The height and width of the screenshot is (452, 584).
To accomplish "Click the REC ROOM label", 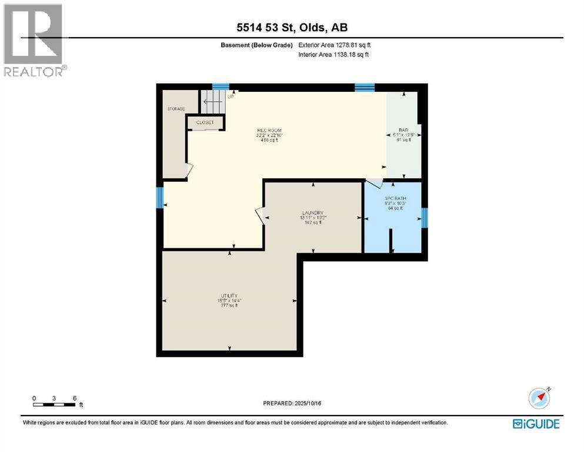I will coord(269,130).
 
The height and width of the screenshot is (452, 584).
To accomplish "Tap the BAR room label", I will coord(403,129).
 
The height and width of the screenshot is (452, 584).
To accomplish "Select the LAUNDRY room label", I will coord(313,213).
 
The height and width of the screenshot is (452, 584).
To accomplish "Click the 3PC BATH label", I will coord(392,198).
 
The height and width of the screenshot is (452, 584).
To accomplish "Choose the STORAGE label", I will coord(175,109).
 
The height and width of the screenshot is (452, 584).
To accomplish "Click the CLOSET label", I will coord(205,122).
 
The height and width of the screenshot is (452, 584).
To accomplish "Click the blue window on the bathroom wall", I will coord(425,218).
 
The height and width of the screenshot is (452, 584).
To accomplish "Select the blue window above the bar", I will coord(364,88).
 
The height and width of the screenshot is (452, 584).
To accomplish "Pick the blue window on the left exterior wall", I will coord(159,198).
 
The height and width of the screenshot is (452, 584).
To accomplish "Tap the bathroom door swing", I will coord(374,184).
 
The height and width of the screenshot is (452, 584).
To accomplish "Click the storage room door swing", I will coord(189,170).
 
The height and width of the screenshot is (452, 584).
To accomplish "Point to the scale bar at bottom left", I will coord(54,404).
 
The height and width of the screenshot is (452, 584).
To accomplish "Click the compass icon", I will coord(539,398).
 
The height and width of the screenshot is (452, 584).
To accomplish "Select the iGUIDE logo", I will coord(536,424).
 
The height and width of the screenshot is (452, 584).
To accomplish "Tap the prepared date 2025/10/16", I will coord(292,403).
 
